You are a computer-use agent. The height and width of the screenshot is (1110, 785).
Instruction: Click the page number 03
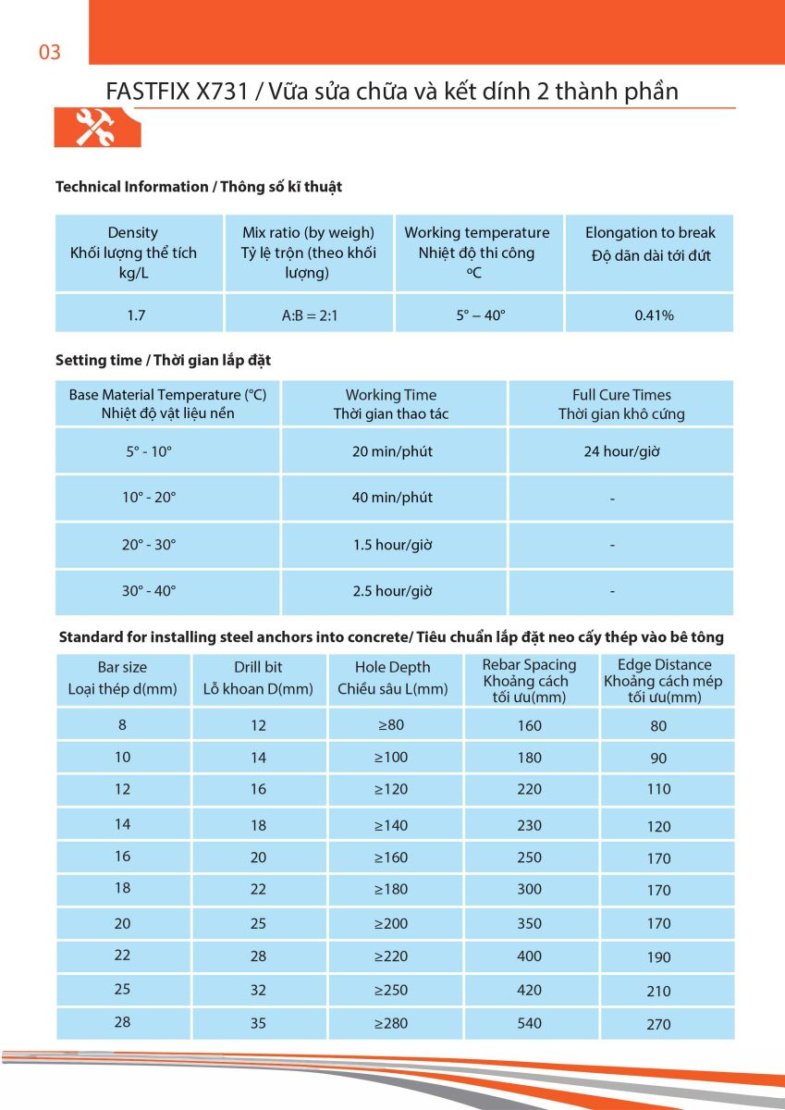50,53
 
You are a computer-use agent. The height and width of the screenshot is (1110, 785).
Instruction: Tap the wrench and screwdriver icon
93,127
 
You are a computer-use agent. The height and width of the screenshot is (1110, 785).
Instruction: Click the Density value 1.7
136,315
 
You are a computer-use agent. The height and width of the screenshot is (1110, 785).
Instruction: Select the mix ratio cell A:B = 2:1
310,315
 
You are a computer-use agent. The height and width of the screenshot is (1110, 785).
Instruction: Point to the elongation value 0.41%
654,315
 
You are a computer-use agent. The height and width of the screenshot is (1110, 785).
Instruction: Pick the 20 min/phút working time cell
392,452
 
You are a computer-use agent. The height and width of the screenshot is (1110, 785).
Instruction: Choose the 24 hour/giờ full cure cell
620,452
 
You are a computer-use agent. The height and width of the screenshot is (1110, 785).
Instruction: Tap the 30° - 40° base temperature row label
149,591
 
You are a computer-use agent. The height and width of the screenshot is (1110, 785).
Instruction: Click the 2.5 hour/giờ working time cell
392,591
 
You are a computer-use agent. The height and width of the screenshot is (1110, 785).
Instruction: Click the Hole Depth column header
392,677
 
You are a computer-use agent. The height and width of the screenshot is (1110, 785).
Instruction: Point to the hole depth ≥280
391,1023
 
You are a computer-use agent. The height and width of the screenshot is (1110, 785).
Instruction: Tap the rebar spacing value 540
530,1023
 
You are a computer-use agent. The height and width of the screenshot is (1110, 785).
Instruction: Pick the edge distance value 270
659,1024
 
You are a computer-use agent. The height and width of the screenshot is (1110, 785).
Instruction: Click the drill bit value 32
258,990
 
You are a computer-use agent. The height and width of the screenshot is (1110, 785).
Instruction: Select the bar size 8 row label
122,725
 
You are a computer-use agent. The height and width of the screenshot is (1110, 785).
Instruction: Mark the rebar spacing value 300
530,890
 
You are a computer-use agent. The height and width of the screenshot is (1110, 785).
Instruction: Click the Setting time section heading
163,360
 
